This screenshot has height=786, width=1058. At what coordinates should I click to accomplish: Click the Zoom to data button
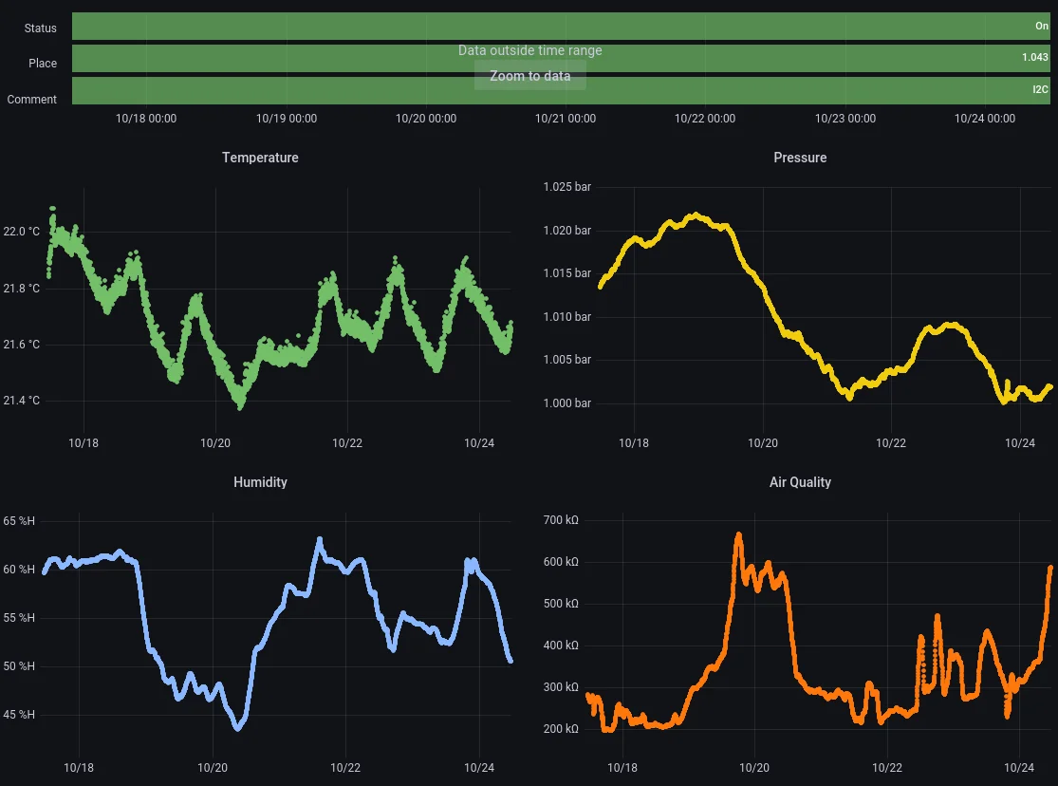(529, 76)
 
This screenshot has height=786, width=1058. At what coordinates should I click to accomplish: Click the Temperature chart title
(260, 158)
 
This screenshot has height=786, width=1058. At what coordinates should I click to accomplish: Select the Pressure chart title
(800, 158)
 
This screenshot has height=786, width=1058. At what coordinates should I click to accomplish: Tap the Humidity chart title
(260, 482)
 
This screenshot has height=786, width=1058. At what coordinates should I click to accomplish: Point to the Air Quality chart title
(800, 482)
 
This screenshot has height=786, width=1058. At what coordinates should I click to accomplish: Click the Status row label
(41, 28)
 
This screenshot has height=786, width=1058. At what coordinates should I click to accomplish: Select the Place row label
(43, 64)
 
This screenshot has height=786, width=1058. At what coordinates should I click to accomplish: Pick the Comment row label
(32, 100)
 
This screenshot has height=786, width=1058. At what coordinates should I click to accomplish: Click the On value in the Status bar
(1042, 27)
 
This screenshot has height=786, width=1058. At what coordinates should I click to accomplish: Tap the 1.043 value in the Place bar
(1035, 58)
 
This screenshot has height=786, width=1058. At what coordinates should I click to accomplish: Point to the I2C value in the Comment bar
(1041, 90)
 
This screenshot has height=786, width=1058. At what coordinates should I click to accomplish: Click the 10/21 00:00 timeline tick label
(566, 119)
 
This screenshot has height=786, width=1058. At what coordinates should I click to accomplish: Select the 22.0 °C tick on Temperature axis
(22, 232)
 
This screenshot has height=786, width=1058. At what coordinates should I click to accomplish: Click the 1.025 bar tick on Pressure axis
(566, 187)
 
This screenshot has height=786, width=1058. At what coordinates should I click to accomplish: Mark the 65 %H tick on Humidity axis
(19, 521)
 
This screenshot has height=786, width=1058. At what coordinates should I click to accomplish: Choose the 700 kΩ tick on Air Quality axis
(561, 520)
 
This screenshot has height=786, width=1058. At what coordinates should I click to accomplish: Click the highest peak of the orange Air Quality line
(739, 534)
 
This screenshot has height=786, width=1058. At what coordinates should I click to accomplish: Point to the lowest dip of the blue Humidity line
(238, 728)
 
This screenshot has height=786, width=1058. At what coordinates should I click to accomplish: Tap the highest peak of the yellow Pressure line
(696, 215)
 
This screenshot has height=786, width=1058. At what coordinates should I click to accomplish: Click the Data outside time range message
(529, 50)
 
